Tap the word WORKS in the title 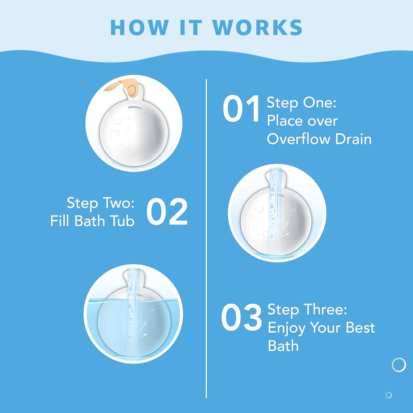pyautogui.click(x=258, y=27)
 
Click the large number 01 pyautogui.click(x=242, y=108)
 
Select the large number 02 pyautogui.click(x=167, y=211)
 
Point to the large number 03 pyautogui.click(x=242, y=317)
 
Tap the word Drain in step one pyautogui.click(x=353, y=139)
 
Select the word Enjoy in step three pyautogui.click(x=287, y=328)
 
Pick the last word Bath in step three pyautogui.click(x=283, y=346)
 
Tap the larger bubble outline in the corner pyautogui.click(x=399, y=365)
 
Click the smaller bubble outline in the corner pyautogui.click(x=388, y=395)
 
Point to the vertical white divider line pyautogui.click(x=206, y=238)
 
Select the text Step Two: pyautogui.click(x=100, y=203)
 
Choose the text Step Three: pyautogui.click(x=307, y=310)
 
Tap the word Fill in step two pyautogui.click(x=60, y=221)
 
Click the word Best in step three pyautogui.click(x=360, y=327)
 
